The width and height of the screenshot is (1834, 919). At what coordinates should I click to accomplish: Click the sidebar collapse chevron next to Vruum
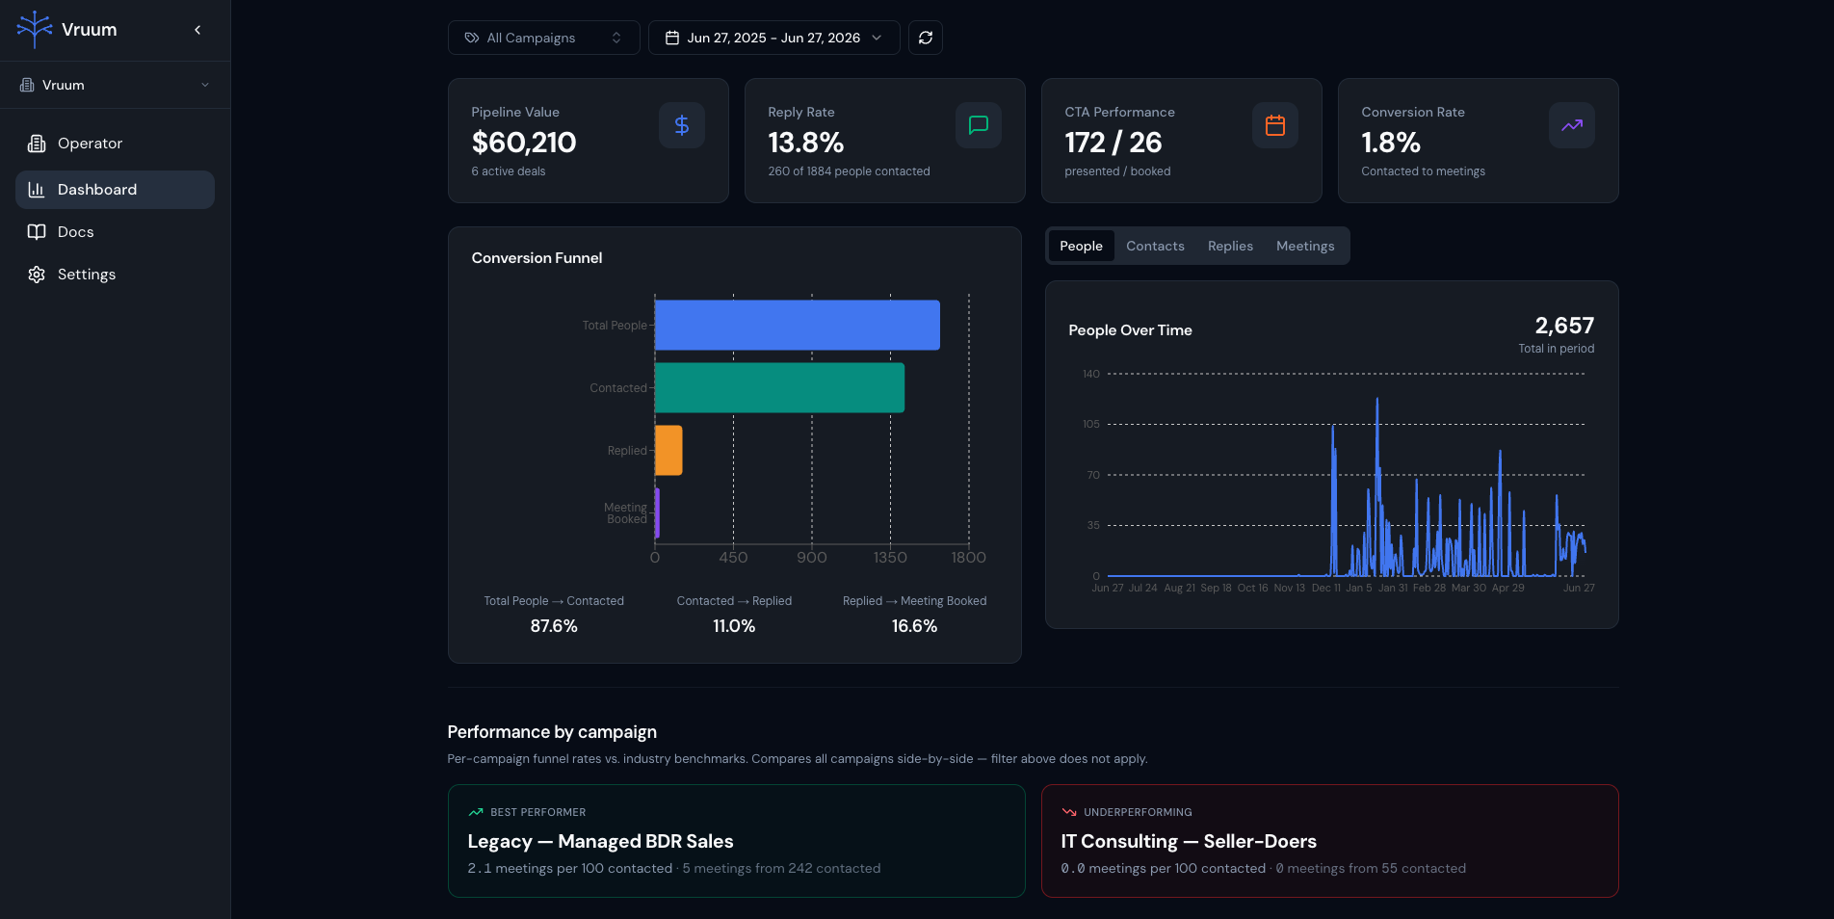[197, 30]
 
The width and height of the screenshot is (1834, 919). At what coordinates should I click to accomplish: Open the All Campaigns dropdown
[543, 38]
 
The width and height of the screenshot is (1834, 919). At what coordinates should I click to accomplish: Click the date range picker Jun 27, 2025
[773, 38]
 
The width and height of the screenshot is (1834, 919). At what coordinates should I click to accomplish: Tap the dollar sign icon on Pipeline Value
[682, 125]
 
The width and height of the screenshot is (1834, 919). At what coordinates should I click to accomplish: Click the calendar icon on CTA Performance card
[1275, 125]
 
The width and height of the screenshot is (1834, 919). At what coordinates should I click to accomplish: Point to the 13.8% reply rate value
[805, 143]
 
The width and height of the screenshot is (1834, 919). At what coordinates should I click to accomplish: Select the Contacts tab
[1155, 246]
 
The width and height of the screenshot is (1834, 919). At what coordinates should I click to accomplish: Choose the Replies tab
[1230, 246]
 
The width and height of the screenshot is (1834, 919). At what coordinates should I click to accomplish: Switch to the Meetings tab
[1305, 246]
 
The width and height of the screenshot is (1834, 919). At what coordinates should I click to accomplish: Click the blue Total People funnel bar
[798, 325]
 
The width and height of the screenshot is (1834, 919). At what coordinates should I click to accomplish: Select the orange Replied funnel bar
[668, 450]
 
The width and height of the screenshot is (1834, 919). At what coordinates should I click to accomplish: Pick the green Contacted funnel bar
[779, 387]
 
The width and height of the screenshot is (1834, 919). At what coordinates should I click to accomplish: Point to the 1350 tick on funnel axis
[890, 558]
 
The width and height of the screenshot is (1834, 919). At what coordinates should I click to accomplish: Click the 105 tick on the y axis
[1090, 424]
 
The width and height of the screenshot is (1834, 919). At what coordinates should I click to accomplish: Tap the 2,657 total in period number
[1564, 326]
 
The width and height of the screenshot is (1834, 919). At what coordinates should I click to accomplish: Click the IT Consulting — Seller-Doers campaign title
[1189, 841]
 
